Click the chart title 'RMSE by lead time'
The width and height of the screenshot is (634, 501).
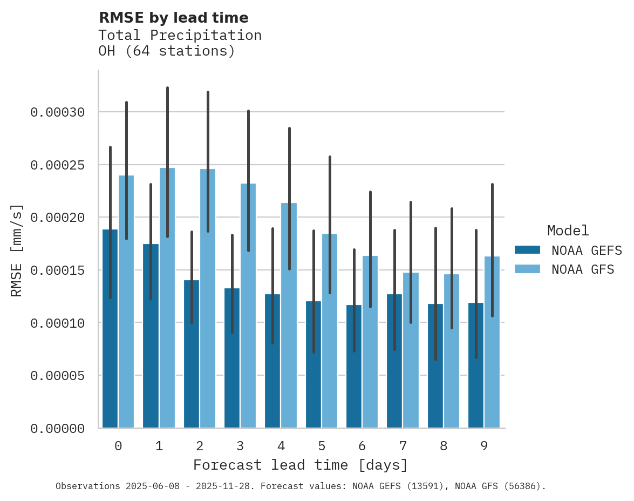173,18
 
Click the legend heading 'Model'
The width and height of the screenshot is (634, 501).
568,231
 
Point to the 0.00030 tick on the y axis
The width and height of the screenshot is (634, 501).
57,112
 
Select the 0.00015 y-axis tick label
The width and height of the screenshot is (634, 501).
57,270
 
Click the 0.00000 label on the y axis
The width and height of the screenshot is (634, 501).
57,429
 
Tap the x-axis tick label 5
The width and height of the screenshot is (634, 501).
322,446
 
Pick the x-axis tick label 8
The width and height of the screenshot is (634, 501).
444,446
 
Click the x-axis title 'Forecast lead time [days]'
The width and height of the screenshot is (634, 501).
301,465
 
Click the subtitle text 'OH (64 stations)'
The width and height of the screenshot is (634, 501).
167,51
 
